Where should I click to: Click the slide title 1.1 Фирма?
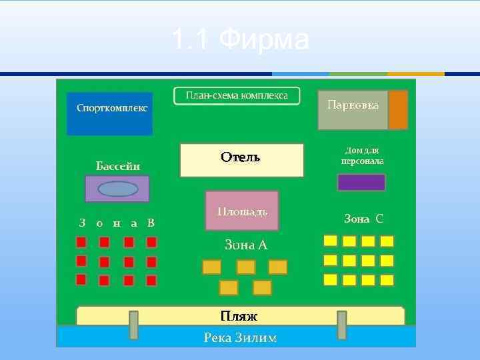[240, 40]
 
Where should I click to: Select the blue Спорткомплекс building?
[110, 114]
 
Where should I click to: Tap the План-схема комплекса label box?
[237, 96]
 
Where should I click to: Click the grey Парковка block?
[353, 110]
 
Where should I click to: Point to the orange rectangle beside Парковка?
[398, 110]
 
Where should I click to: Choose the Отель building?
[241, 160]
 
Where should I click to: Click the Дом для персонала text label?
[362, 156]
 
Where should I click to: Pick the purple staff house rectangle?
[361, 182]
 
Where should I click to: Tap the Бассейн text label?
[118, 165]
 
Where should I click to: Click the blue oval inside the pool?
[118, 189]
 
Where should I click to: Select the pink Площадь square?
[242, 211]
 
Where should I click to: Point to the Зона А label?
[245, 245]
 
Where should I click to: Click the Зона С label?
[363, 219]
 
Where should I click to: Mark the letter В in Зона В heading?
[151, 223]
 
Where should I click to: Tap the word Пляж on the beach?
[239, 315]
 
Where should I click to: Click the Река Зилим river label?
[240, 338]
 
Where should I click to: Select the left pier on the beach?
[133, 325]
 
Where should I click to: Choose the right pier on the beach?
[342, 325]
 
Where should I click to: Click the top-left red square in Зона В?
[81, 241]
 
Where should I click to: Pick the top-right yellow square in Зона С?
[387, 241]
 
